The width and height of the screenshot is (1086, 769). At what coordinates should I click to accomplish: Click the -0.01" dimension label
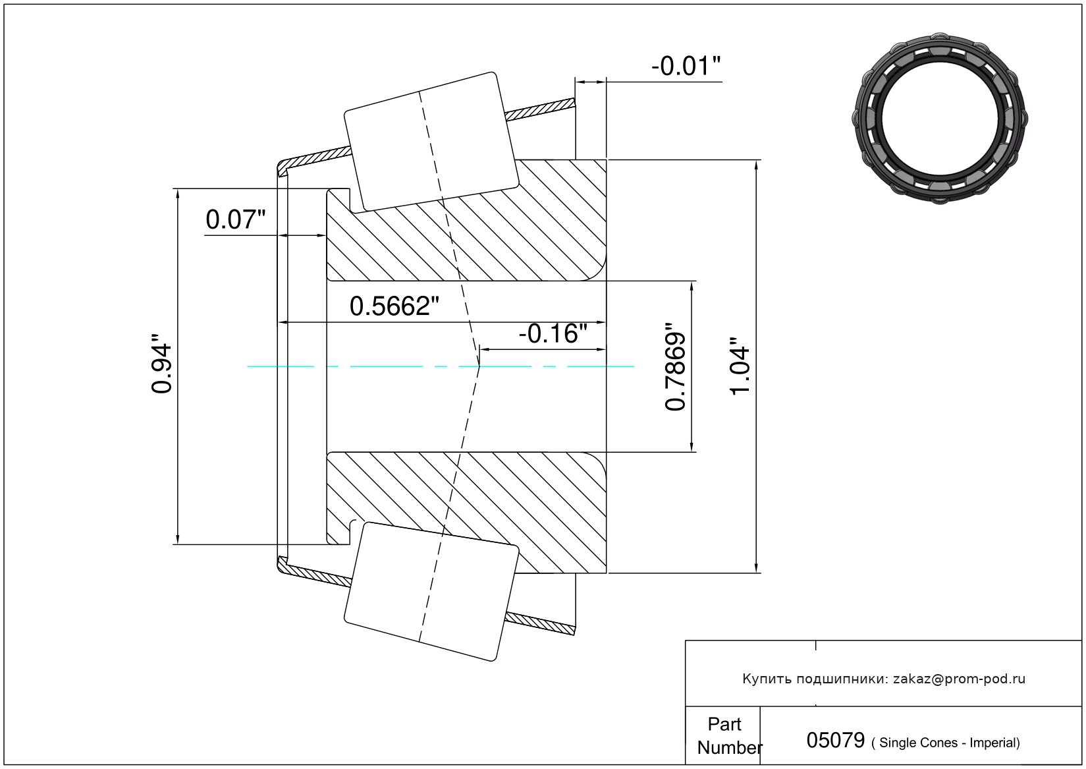[x=686, y=66]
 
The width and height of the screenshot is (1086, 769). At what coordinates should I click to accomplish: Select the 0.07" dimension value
[x=236, y=219]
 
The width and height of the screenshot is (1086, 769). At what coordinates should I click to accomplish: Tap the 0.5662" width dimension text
[x=394, y=306]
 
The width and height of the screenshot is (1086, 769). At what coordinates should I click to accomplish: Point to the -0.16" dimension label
[x=553, y=334]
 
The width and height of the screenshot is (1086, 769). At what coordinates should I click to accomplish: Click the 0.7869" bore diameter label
[x=675, y=366]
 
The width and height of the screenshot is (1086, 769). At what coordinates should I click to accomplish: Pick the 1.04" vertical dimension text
[x=740, y=366]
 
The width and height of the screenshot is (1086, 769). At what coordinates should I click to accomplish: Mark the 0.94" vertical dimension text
[x=161, y=363]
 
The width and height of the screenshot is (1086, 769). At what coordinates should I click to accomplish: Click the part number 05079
[x=835, y=740]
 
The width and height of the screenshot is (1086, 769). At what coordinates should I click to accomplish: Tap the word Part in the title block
[x=724, y=724]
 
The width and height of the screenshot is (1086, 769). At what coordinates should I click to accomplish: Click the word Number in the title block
[x=730, y=747]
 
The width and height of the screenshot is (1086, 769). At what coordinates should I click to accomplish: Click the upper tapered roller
[x=431, y=142]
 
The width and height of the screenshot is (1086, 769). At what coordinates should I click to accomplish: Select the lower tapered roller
[x=431, y=592]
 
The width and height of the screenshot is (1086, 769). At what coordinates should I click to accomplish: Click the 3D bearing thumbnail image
[x=940, y=119]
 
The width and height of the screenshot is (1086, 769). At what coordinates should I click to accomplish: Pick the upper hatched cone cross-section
[x=466, y=221]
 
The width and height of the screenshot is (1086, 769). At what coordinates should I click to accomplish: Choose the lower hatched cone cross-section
[x=466, y=513]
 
